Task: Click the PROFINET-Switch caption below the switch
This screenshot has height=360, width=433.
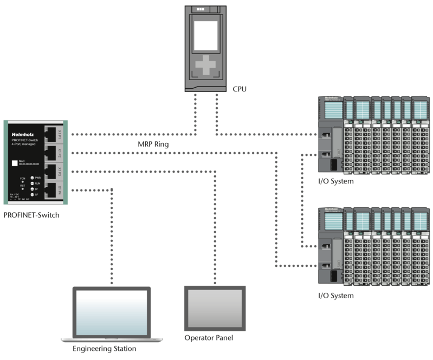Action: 31,215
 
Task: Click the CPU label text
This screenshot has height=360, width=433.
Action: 240,89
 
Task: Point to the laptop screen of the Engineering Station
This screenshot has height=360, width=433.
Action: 111,312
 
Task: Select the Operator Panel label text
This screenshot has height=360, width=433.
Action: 209,338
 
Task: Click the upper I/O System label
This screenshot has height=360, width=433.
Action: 336,181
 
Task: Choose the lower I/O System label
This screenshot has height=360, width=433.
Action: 336,296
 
